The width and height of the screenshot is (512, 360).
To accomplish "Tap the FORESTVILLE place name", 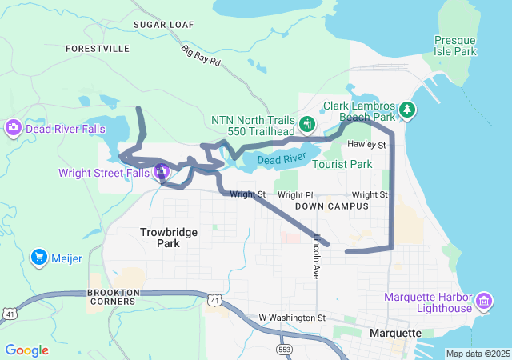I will point(98,49).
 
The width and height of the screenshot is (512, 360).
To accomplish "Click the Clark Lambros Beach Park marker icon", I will point(407,109).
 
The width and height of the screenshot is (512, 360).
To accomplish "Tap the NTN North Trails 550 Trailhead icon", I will point(307,124).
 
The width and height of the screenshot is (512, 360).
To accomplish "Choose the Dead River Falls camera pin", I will point(13,127).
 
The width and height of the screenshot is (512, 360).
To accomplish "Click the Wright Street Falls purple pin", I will point(161,171).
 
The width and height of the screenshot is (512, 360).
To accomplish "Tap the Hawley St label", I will point(367,145).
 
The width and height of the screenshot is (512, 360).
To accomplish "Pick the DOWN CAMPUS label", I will point(331,206).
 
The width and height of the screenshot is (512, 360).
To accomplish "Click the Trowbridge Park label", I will point(168,237).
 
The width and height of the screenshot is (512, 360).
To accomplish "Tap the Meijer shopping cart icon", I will point(38,257).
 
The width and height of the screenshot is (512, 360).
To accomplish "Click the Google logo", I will point(26,350).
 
